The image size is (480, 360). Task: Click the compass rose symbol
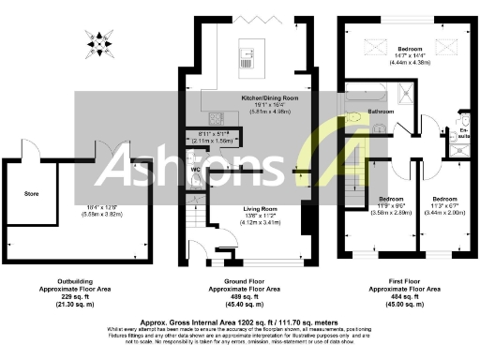[x=100, y=43]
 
